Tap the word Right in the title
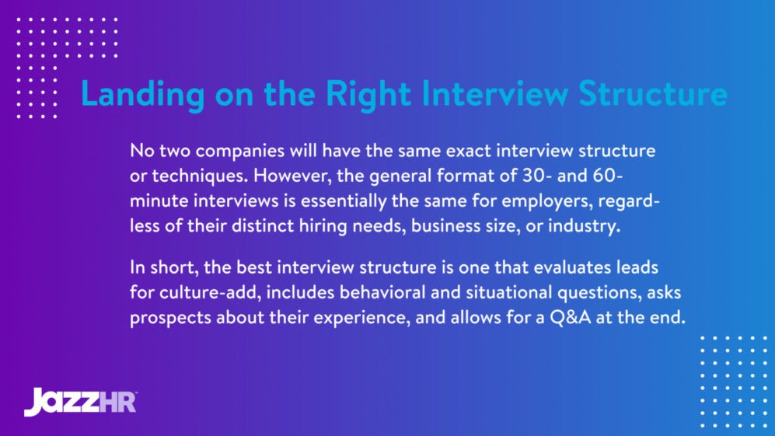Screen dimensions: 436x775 pyautogui.click(x=368, y=95)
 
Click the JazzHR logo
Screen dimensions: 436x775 pyautogui.click(x=80, y=401)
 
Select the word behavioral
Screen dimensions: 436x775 pyautogui.click(x=361, y=294)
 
